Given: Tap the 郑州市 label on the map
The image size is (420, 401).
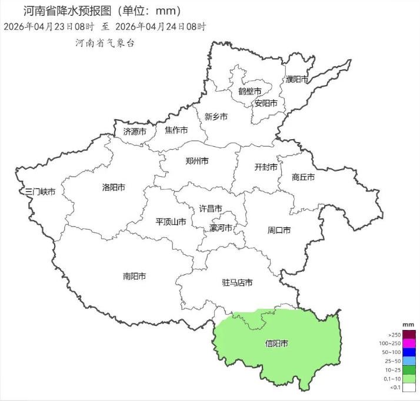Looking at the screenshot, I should click(x=196, y=161).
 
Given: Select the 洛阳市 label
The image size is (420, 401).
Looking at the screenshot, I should click(x=114, y=188).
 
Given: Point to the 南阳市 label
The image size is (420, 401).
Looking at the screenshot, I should click(x=135, y=276).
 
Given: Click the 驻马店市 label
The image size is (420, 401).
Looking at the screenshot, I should click(x=237, y=283).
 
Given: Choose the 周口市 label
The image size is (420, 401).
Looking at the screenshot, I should click(x=279, y=230).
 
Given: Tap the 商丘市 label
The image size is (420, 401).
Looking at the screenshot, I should click(x=303, y=177).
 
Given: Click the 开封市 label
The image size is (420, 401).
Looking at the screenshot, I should click(x=265, y=167).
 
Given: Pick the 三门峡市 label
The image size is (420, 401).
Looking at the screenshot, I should click(x=41, y=192).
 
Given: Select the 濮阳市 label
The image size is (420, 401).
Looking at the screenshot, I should click(x=297, y=79).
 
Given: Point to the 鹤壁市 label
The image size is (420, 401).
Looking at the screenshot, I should click(x=249, y=92).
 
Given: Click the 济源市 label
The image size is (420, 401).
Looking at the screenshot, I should click(x=135, y=132).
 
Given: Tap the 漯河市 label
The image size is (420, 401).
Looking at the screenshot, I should click(x=221, y=228).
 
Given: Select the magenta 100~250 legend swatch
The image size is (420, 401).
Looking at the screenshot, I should click(x=409, y=343).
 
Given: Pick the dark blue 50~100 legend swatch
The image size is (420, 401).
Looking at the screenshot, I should click(x=409, y=352).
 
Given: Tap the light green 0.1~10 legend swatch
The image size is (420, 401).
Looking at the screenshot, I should click(x=409, y=379).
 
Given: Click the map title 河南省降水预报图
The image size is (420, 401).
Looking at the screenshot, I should click(x=70, y=11).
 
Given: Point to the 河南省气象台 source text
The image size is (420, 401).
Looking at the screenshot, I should click(x=105, y=43).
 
